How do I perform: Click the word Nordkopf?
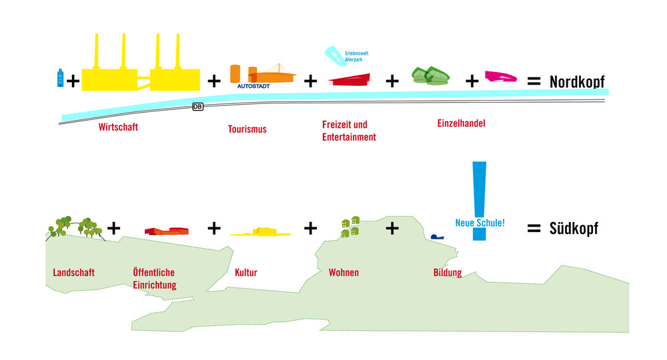click(576, 81)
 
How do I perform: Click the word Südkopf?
click(574, 229)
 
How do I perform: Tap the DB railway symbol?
click(197, 107)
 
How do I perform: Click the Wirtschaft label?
click(118, 127)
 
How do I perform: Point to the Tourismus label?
click(247, 129)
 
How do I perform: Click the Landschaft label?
click(73, 273)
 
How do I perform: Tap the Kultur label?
click(245, 273)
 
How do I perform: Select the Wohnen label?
click(344, 273)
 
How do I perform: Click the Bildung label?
click(447, 273)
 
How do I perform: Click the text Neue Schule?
click(480, 223)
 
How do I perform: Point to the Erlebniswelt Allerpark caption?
click(356, 57)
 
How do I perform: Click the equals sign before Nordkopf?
click(534, 81)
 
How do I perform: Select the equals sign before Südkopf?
click(534, 229)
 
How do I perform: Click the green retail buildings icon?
click(429, 77)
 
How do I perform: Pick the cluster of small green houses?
click(351, 227)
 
